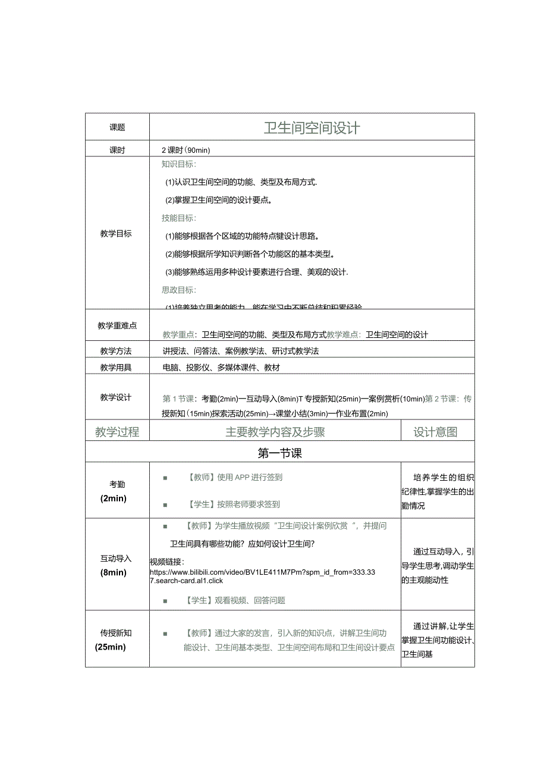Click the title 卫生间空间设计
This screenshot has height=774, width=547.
312,128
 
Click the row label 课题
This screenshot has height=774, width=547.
117,128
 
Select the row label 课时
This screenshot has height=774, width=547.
117,151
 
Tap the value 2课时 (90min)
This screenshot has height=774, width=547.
186,151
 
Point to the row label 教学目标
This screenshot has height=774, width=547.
116,234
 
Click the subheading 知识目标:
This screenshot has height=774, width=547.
179,164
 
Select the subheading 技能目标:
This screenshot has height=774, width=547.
179,218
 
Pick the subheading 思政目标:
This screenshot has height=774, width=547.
179,290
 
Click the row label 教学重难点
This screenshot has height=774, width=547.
117,325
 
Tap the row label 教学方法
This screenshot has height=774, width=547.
116,351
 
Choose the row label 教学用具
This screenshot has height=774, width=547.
116,368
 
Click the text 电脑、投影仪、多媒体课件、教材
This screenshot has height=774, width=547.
221,368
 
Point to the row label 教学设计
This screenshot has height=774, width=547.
116,397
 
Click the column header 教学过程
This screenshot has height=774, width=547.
117,433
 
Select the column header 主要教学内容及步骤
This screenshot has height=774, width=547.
275,433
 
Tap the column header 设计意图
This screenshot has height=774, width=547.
436,433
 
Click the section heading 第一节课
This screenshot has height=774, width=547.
280,453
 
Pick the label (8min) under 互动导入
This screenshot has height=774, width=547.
114,572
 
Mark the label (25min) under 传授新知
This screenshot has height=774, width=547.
111,647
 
